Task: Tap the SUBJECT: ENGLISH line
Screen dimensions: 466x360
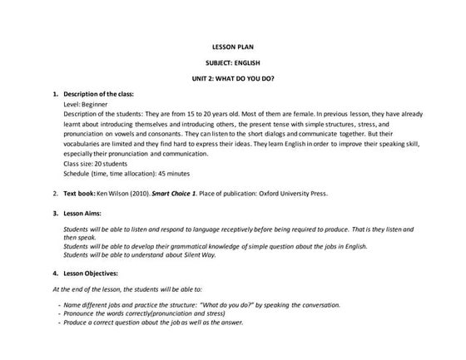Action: pyautogui.click(x=232, y=62)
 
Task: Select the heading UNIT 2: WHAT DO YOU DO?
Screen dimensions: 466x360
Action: pyautogui.click(x=232, y=77)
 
